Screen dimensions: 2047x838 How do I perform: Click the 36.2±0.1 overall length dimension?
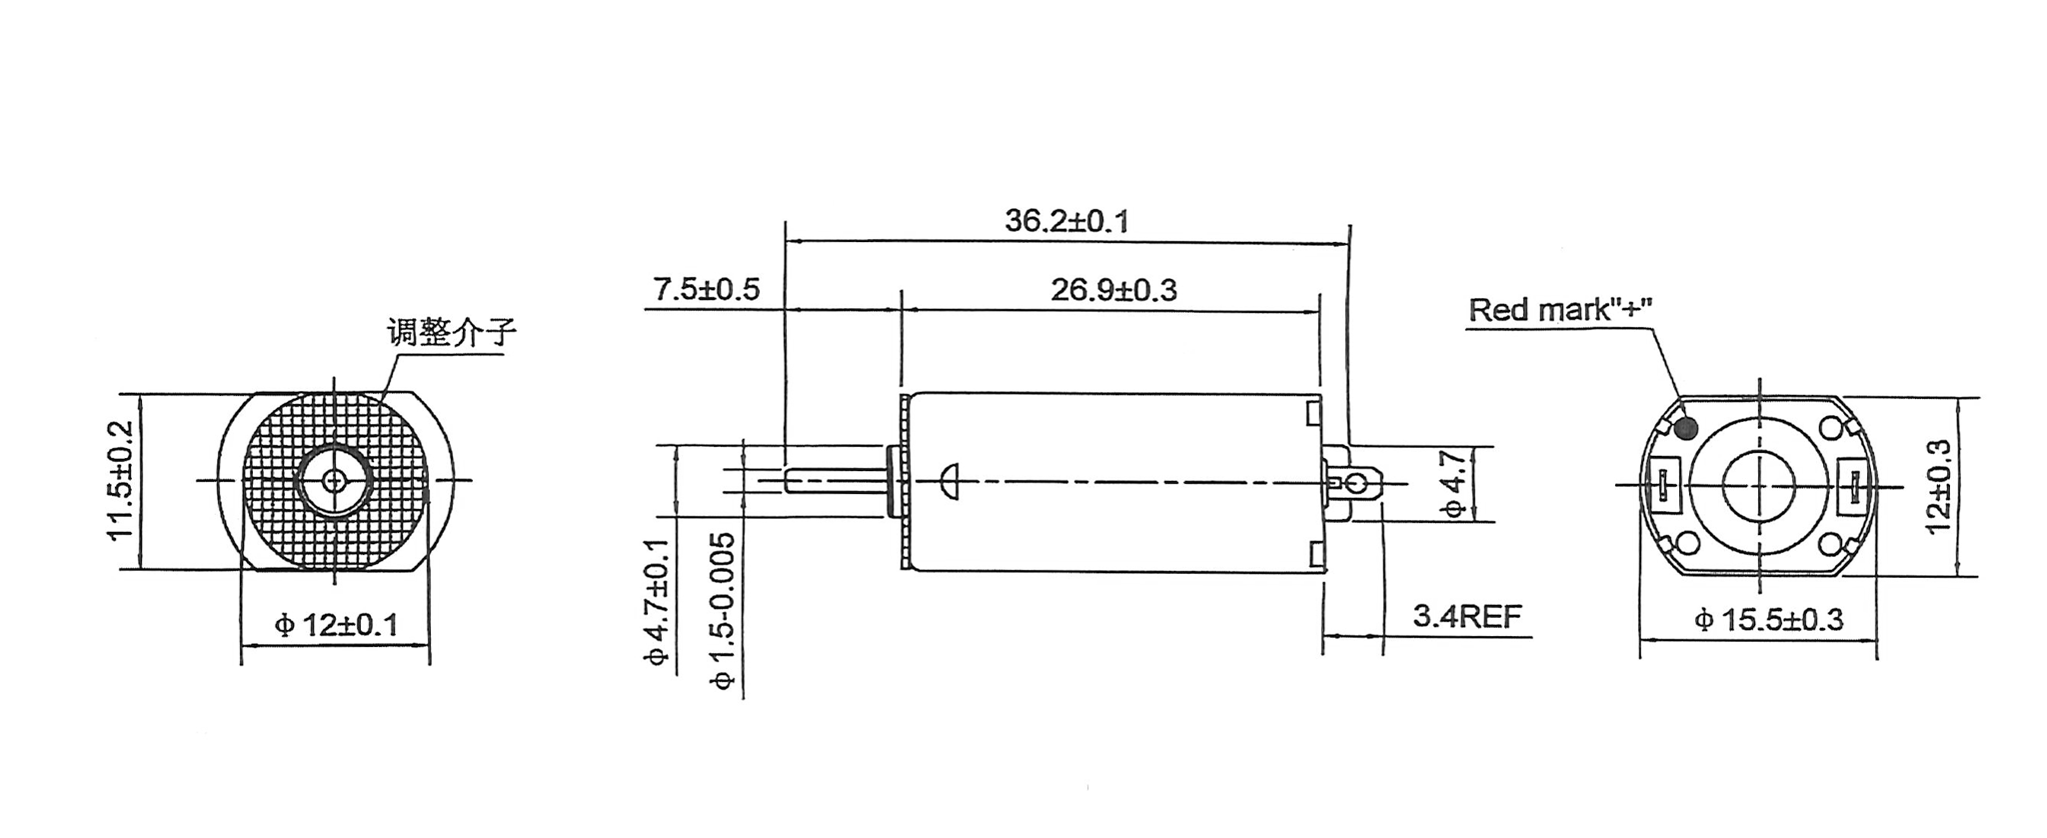coord(1066,220)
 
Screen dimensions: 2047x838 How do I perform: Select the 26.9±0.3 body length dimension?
coord(1113,290)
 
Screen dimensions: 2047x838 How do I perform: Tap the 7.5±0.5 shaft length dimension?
coord(707,289)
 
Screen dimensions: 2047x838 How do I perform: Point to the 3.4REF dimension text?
coord(1466,616)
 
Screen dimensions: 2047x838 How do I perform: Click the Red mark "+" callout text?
coord(1560,309)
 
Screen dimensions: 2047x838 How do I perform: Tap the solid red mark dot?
coord(1686,429)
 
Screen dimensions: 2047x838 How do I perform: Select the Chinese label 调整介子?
coord(452,331)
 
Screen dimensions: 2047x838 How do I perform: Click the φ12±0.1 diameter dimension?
coord(336,625)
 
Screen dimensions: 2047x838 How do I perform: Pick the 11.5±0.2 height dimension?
coord(121,481)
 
